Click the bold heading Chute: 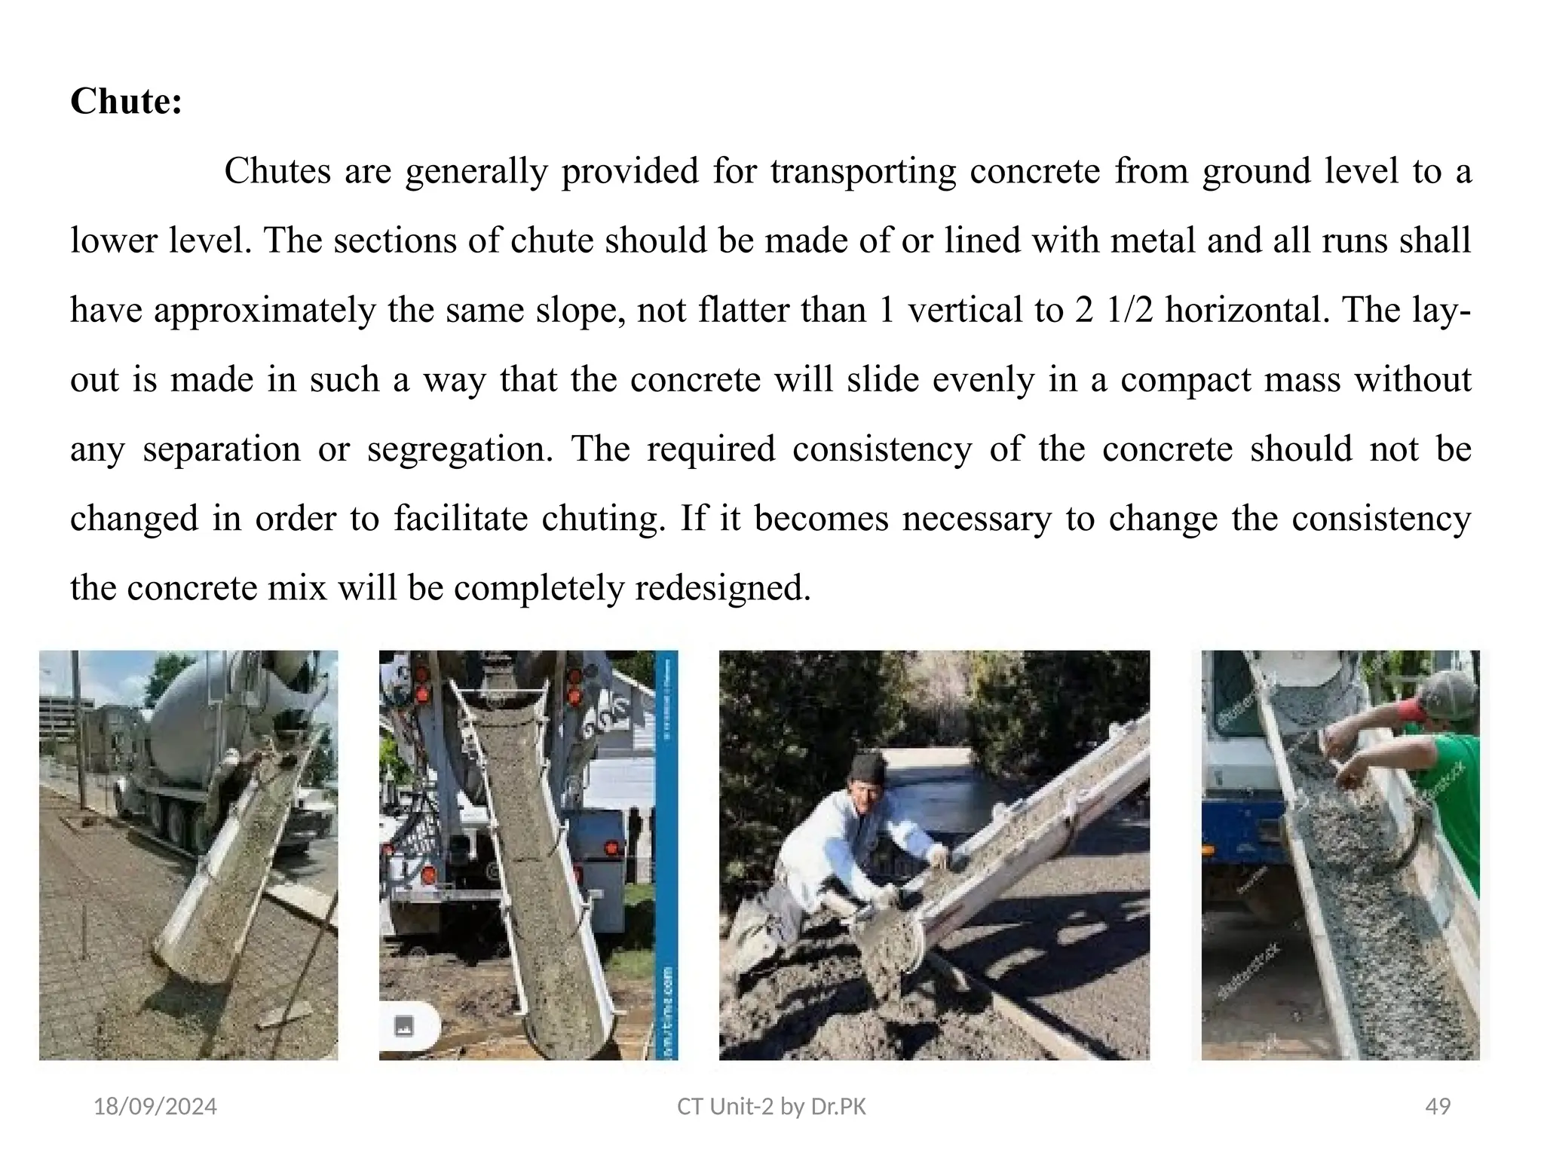[x=126, y=102]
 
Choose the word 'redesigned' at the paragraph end [x=721, y=588]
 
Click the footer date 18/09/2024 [x=155, y=1106]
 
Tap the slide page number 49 [x=1438, y=1106]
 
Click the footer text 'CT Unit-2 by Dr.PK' [x=771, y=1106]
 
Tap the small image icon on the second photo [x=404, y=1026]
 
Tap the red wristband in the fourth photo [x=1407, y=710]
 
